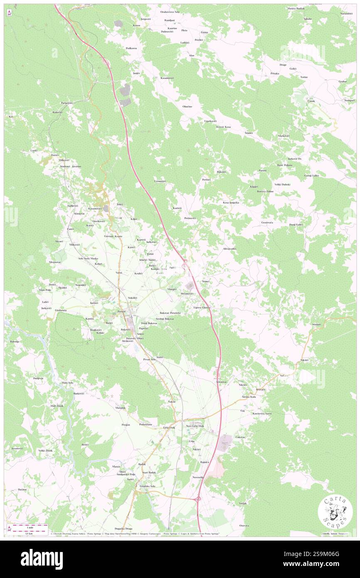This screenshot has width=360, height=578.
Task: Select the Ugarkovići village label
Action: [x=210, y=121]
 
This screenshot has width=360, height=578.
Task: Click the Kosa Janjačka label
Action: [x=231, y=203]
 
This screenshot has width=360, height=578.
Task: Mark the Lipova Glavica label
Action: [x=202, y=307]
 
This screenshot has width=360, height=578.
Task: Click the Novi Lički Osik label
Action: [x=195, y=426]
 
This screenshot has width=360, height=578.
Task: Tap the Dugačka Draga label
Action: [x=123, y=529]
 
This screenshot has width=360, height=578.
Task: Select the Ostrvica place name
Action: [x=244, y=525]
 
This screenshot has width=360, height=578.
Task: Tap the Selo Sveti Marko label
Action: [x=88, y=259]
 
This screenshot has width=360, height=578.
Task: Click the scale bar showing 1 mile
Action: [x=30, y=528]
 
